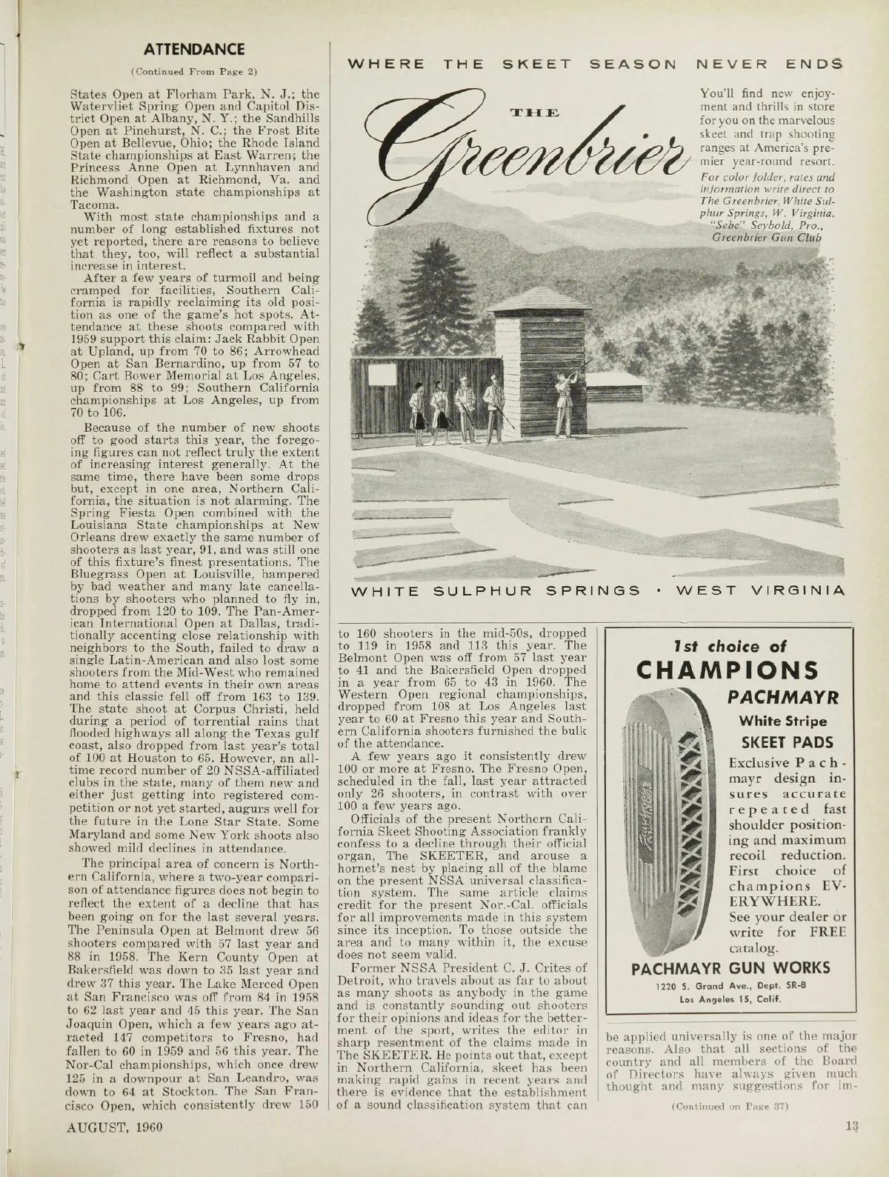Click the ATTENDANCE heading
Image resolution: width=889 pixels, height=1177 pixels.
pyautogui.click(x=194, y=50)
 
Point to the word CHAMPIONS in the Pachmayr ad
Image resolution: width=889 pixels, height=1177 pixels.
pyautogui.click(x=728, y=670)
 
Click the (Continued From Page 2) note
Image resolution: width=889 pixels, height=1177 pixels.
pyautogui.click(x=194, y=72)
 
